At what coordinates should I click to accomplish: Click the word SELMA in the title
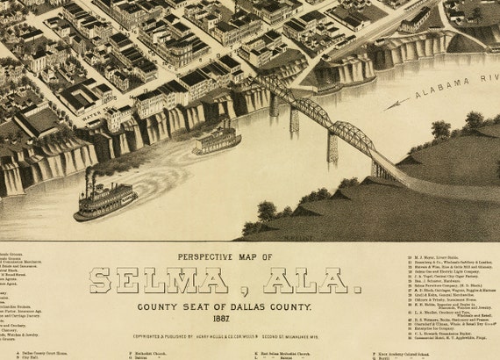(148, 281)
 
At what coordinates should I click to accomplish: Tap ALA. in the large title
(284, 281)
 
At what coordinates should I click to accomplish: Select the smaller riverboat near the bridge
(216, 140)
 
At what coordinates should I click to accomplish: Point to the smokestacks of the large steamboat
(89, 180)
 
